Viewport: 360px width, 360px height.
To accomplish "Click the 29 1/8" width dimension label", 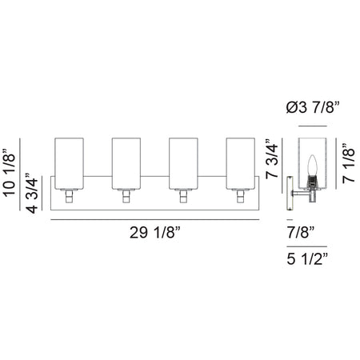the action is pyautogui.click(x=155, y=233).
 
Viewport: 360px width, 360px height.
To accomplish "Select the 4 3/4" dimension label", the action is pyautogui.click(x=32, y=194).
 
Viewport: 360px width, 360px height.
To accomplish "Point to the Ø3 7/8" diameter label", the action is pyautogui.click(x=313, y=108).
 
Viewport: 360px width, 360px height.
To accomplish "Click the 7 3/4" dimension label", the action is pyautogui.click(x=272, y=158).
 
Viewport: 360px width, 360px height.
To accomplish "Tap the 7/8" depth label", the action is pyautogui.click(x=301, y=232).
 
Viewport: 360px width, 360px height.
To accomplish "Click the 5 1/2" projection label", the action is pyautogui.click(x=307, y=258).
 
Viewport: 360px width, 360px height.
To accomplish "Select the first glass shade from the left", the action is pyautogui.click(x=70, y=163).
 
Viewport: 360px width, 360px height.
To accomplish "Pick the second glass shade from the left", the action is pyautogui.click(x=126, y=163).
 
